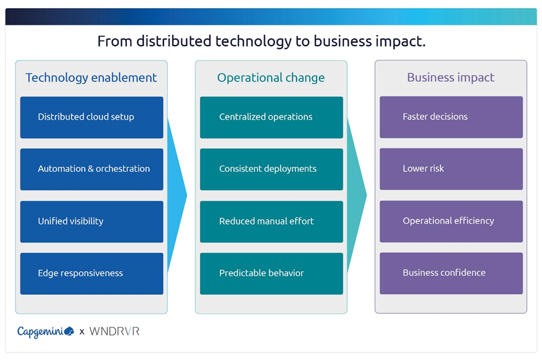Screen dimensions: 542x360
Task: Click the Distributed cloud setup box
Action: coord(92,117)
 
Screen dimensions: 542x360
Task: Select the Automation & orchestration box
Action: coord(92,169)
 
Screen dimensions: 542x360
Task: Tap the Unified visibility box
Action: coord(92,222)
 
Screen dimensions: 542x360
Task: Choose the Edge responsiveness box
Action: coord(92,273)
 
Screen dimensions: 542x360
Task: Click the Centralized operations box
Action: coord(272,117)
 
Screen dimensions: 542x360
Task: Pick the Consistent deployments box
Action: coord(272,169)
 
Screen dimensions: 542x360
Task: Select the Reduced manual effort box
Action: coord(272,222)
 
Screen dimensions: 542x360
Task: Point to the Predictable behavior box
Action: coord(272,273)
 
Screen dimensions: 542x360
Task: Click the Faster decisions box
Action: coord(451,117)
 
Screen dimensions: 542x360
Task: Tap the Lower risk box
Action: coord(451,169)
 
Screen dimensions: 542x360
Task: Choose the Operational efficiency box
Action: coord(451,222)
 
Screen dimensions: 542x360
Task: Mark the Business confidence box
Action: coord(451,273)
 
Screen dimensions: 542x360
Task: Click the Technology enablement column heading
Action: coord(91,78)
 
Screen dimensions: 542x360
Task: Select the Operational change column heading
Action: coord(271,78)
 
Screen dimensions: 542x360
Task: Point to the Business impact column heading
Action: coord(451,77)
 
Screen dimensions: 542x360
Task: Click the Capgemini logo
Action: coord(46,332)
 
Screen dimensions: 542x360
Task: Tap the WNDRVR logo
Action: coord(114,331)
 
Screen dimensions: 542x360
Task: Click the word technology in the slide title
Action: coord(253,42)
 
